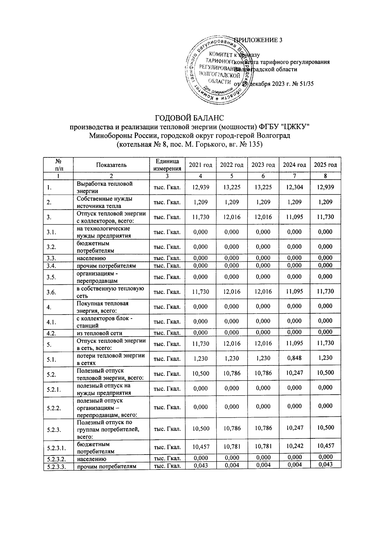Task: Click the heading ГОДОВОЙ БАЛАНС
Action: (189, 118)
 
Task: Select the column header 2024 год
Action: (294, 165)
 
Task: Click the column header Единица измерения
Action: (167, 165)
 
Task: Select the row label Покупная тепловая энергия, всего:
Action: (103, 306)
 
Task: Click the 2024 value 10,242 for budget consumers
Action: (294, 446)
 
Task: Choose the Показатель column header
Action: (111, 165)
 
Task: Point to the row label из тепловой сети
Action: (99, 333)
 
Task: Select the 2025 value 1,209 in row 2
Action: (325, 202)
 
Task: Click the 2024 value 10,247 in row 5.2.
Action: (294, 373)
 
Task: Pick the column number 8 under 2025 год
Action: (325, 176)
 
